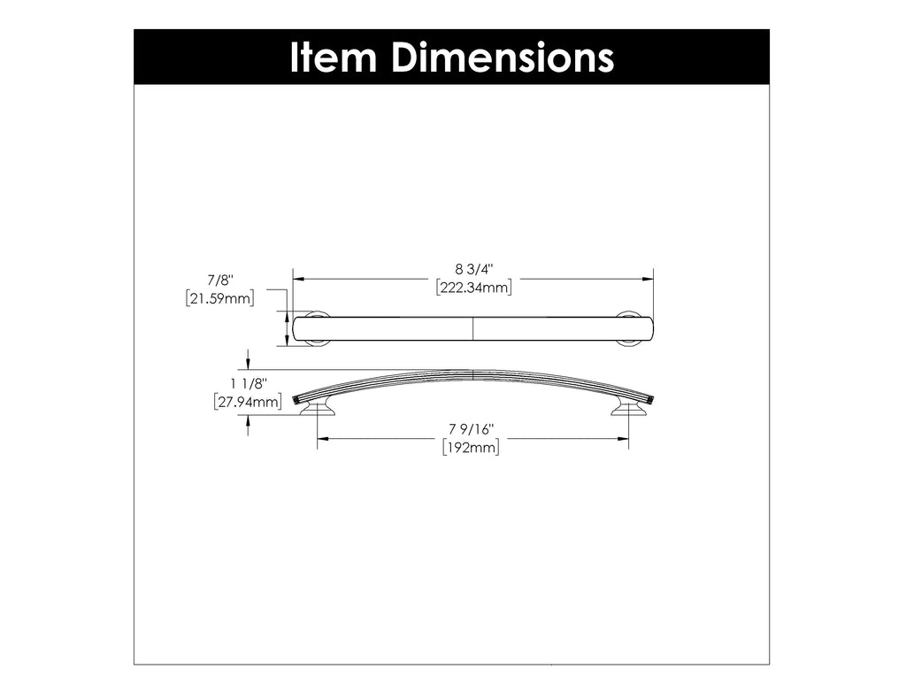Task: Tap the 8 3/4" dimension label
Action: click(x=474, y=268)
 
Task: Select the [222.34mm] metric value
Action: click(x=474, y=287)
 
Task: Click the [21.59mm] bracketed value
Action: click(x=220, y=299)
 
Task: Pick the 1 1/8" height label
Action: click(x=248, y=384)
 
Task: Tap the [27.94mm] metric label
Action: click(x=248, y=403)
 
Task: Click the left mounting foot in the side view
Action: click(x=318, y=407)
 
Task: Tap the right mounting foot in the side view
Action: click(x=629, y=407)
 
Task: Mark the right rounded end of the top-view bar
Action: click(x=649, y=328)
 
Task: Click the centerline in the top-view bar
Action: click(x=473, y=328)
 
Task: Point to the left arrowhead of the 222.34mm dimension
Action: click(x=298, y=279)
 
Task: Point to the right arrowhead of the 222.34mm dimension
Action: click(x=649, y=279)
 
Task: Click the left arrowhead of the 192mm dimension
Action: click(x=322, y=438)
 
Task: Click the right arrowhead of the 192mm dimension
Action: click(x=624, y=438)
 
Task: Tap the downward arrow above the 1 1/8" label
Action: click(x=249, y=364)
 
